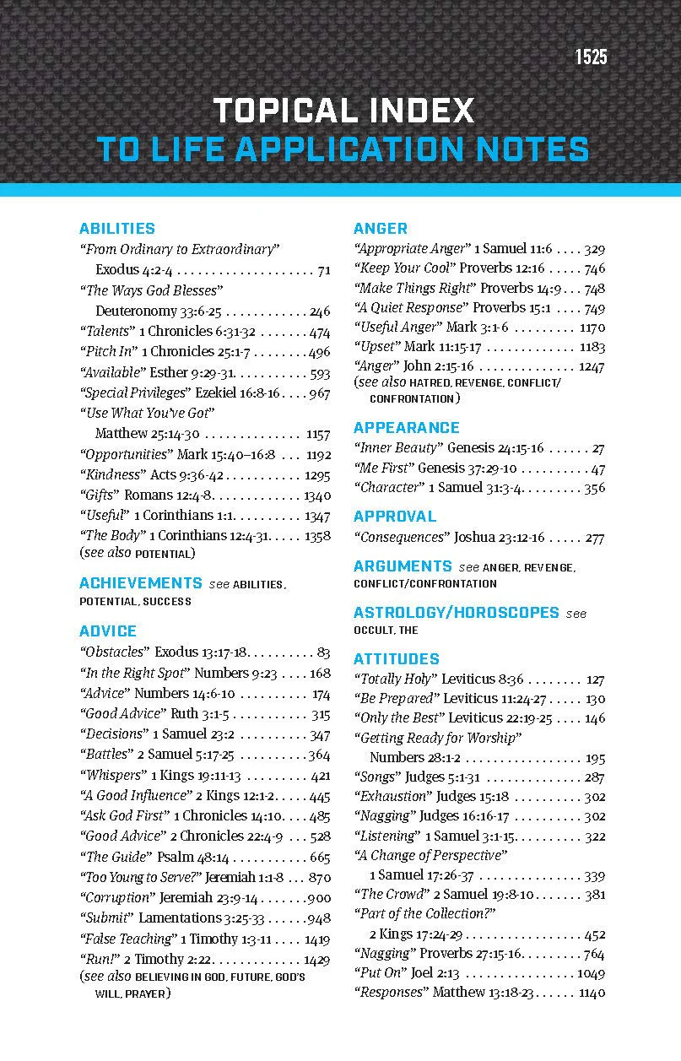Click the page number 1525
591,57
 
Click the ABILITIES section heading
117,229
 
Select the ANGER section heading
381,229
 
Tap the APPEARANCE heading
407,427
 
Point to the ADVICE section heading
108,631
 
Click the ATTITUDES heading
397,658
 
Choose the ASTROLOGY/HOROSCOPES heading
457,612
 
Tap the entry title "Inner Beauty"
397,448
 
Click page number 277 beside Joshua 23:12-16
594,537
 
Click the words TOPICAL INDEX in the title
343,111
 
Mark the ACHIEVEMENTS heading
141,583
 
